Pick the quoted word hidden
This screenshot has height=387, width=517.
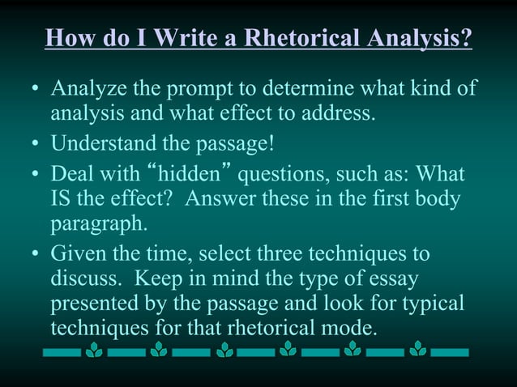click(192, 175)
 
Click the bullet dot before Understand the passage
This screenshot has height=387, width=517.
click(34, 146)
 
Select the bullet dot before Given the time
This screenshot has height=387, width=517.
click(34, 254)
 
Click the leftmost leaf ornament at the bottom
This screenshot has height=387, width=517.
click(94, 351)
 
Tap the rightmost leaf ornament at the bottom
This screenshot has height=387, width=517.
click(417, 351)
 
